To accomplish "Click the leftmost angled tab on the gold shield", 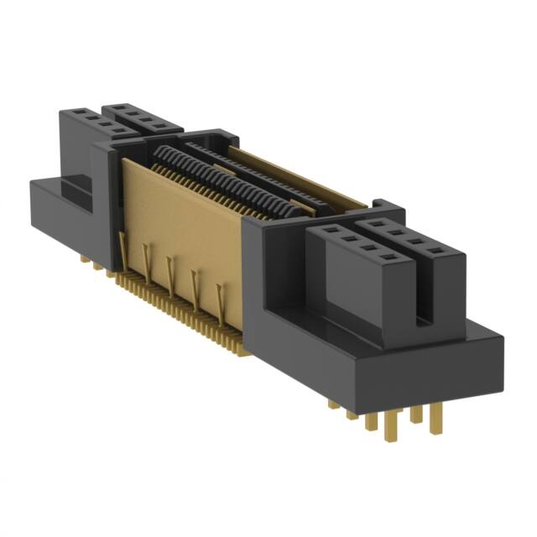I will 125,248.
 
